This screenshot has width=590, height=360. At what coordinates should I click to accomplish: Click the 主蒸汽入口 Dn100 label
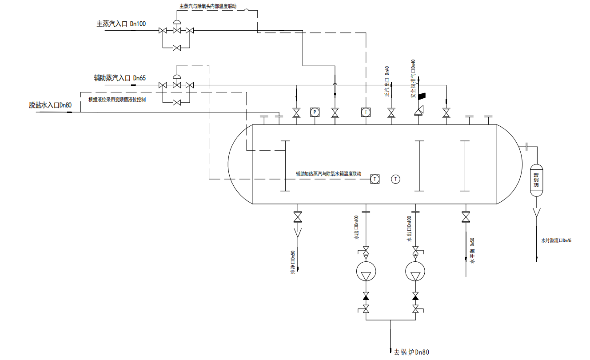coord(121,24)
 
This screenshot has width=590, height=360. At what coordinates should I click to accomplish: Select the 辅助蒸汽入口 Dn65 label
coord(119,78)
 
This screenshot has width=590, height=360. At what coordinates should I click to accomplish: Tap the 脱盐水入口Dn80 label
coord(50,105)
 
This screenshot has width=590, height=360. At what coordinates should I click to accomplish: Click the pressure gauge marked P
coord(315,112)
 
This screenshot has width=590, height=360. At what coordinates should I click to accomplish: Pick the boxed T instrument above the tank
coord(365,112)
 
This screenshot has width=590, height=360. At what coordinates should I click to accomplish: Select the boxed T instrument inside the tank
coord(375,179)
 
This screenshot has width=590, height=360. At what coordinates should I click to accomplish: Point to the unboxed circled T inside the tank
coord(395,179)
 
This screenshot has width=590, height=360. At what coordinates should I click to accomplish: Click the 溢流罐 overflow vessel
coord(537,180)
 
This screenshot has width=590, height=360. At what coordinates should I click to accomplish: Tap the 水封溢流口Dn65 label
coord(556,240)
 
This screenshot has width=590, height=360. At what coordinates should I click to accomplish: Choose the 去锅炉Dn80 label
coord(412,352)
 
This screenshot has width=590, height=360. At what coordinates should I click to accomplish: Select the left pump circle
coord(366,271)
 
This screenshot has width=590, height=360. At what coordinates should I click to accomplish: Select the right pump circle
coord(415,271)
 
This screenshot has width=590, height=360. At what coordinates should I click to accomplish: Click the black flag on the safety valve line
coord(421,95)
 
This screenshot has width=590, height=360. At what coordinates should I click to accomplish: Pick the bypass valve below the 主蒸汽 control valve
coord(177,48)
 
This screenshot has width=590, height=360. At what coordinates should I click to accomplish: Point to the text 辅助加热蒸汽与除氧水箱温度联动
coord(328,174)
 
